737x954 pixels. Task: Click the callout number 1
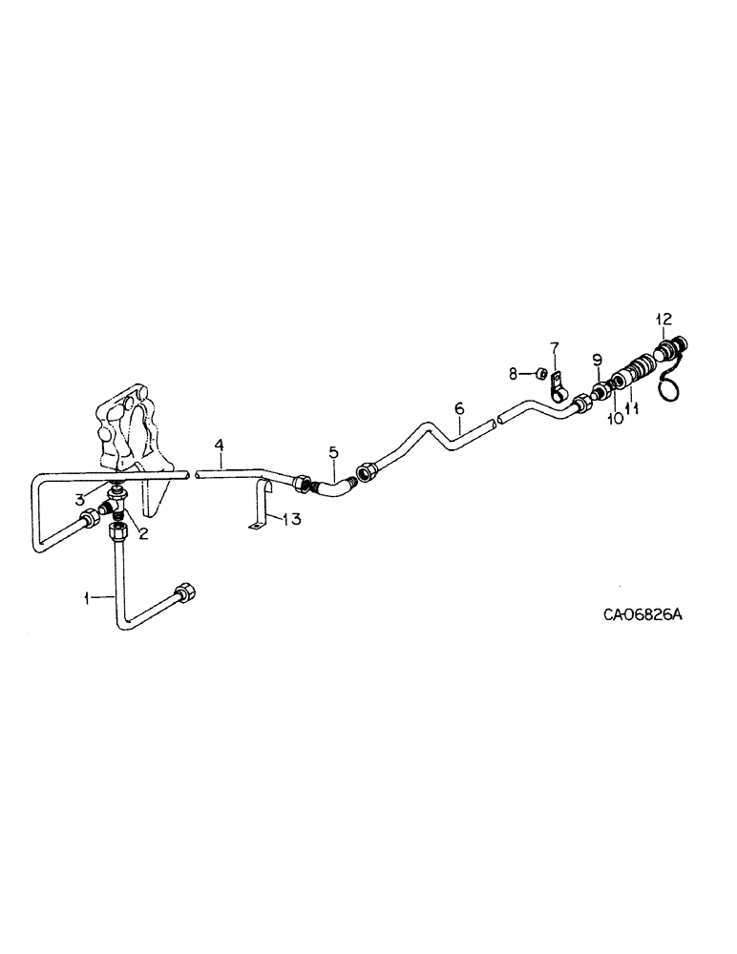[86, 598]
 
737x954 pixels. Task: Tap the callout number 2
[143, 533]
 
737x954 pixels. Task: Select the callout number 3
[82, 497]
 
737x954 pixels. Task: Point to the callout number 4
[219, 446]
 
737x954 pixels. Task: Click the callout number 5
[333, 451]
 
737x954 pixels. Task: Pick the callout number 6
[459, 409]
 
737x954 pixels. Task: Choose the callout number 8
[513, 373]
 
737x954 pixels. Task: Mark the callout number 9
[597, 360]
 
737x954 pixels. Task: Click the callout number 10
[616, 418]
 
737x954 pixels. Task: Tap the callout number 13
[290, 519]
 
